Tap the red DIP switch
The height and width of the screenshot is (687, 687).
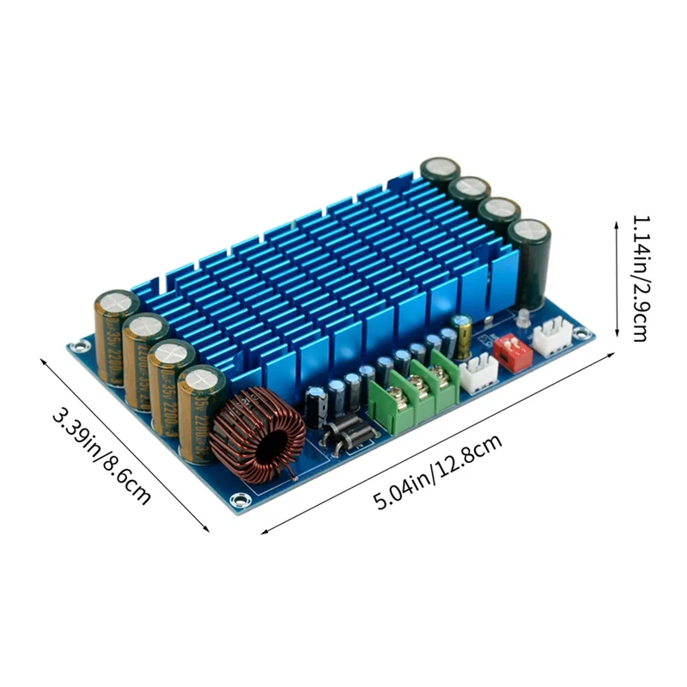pos(514,352)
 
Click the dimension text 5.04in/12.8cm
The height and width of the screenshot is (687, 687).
pos(437,476)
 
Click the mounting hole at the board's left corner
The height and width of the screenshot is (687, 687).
pos(81,346)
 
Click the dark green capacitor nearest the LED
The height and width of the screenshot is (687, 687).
pos(531,262)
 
